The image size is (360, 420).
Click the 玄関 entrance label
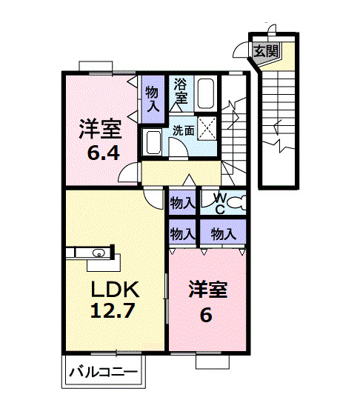click(x=266, y=51)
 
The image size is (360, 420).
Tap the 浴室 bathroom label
click(x=181, y=91)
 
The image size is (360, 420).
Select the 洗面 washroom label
click(x=184, y=130)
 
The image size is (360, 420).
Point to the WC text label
click(x=219, y=202)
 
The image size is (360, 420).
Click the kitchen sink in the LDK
click(x=97, y=253)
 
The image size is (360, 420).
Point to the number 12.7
click(x=113, y=310)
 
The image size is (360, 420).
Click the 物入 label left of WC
click(x=182, y=201)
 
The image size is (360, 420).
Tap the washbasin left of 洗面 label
click(x=154, y=141)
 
